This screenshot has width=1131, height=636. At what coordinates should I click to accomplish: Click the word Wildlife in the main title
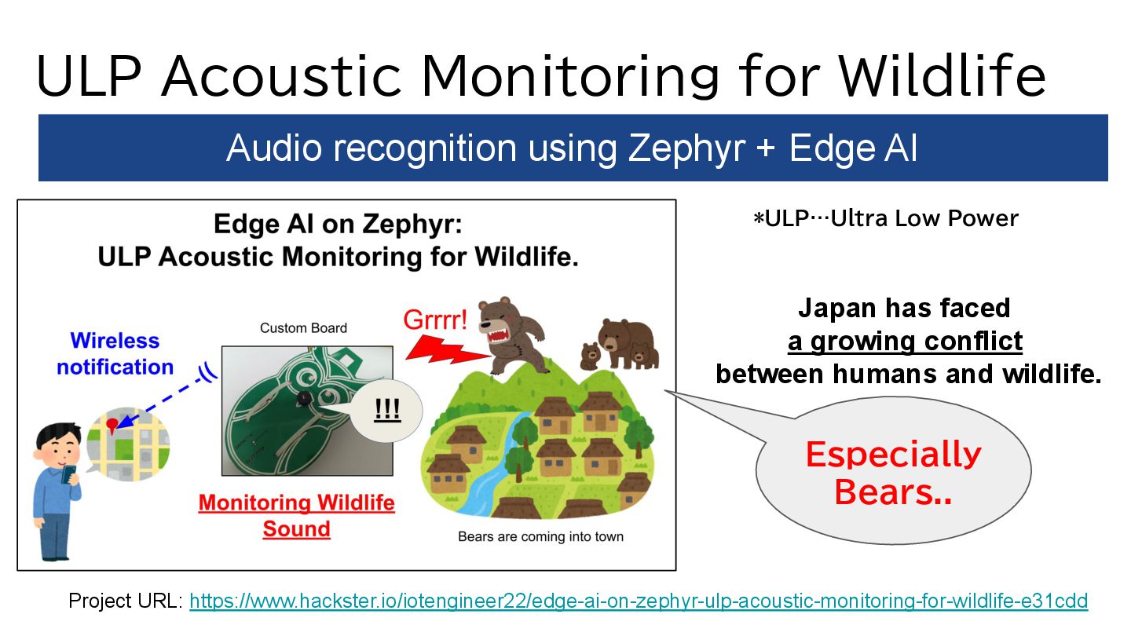(942, 75)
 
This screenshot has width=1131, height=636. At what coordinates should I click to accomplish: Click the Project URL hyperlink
(639, 601)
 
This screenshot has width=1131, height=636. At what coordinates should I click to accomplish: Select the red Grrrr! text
(435, 320)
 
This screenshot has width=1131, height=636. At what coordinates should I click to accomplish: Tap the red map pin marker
(112, 426)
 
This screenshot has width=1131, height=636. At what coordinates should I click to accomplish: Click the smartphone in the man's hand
(68, 475)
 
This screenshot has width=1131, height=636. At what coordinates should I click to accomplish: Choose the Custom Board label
(303, 328)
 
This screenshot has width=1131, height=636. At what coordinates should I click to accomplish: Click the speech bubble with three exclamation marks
(386, 410)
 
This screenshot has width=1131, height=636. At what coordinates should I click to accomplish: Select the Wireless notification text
(115, 354)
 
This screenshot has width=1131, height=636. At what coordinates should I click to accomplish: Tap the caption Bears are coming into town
(540, 536)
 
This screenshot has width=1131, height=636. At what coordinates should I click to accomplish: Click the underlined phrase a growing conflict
(905, 342)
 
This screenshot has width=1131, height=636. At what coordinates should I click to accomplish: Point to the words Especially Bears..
(893, 473)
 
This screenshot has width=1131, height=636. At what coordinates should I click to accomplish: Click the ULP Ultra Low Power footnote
(886, 218)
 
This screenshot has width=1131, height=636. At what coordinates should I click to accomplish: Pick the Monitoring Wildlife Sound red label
(296, 516)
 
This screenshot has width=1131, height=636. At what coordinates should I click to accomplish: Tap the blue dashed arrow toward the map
(162, 402)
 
